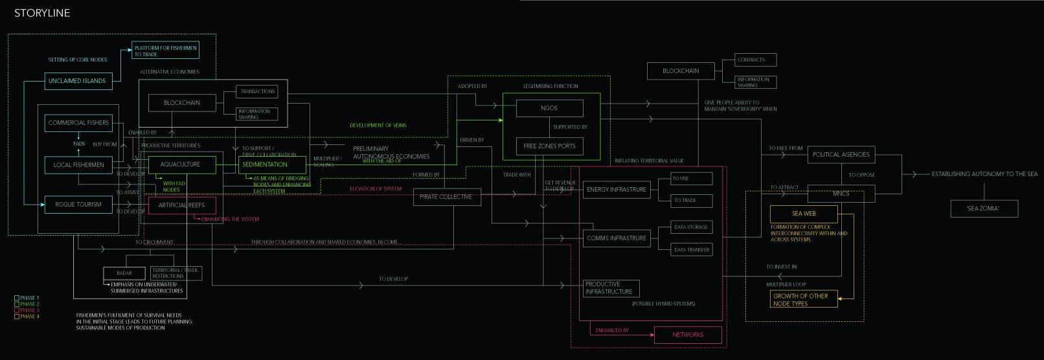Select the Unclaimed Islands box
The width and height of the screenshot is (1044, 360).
pyautogui.click(x=77, y=81)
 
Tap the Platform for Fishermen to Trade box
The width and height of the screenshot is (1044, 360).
pyautogui.click(x=165, y=51)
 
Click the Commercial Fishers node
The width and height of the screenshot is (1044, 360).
pyautogui.click(x=78, y=122)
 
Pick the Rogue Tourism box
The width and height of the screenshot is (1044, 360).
pyautogui.click(x=78, y=205)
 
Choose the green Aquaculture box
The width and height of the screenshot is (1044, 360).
pyautogui.click(x=180, y=164)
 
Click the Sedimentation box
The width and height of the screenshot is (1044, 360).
pyautogui.click(x=265, y=164)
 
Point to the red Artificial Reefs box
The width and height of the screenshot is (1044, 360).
pyautogui.click(x=181, y=205)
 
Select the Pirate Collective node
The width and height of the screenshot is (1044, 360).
pyautogui.click(x=446, y=197)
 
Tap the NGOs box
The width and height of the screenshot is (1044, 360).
pyautogui.click(x=549, y=108)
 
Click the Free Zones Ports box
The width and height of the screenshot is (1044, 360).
pyautogui.click(x=549, y=146)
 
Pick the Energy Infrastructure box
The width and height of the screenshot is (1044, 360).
pyautogui.click(x=616, y=190)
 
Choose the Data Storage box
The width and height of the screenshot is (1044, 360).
pyautogui.click(x=691, y=227)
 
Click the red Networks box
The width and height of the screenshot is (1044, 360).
pyautogui.click(x=688, y=335)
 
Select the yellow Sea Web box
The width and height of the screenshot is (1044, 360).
pyautogui.click(x=804, y=214)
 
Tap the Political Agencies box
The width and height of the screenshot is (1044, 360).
pyautogui.click(x=841, y=155)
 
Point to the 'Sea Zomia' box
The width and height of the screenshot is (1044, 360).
pyautogui.click(x=983, y=208)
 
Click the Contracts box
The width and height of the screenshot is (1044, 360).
pyautogui.click(x=755, y=60)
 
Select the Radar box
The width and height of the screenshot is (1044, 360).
pyautogui.click(x=124, y=273)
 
